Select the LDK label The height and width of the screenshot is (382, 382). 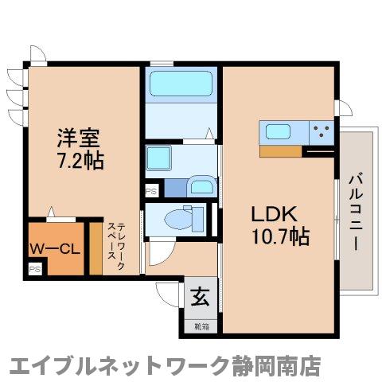coord(275,213)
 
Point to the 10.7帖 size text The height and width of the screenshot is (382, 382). coord(275,237)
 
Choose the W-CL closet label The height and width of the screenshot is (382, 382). coord(55,248)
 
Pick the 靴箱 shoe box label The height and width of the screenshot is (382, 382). coord(199,324)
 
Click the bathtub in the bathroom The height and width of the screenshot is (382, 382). coord(182,84)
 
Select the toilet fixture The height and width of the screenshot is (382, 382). coord(179,217)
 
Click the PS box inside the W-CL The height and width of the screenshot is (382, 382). coord(34,270)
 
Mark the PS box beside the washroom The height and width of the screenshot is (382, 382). coord(151,190)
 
